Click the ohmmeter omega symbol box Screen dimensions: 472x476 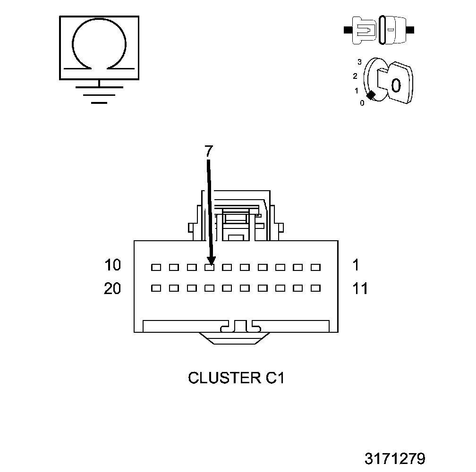click(99, 47)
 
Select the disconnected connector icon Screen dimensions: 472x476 click(380, 30)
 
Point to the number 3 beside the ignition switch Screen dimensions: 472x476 click(359, 62)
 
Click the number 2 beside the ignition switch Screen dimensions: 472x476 click(355, 76)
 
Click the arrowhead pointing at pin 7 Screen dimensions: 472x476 click(211, 260)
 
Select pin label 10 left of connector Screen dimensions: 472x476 click(113, 265)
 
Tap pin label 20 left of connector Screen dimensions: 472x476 click(112, 288)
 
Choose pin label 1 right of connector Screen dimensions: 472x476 click(356, 265)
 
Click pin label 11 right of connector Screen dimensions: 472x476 click(360, 288)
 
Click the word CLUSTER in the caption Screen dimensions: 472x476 click(221, 378)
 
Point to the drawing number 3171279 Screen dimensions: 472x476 click(395, 458)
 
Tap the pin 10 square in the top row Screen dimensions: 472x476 click(156, 268)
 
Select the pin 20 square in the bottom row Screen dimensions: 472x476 click(156, 287)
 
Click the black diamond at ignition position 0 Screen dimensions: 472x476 click(371, 95)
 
